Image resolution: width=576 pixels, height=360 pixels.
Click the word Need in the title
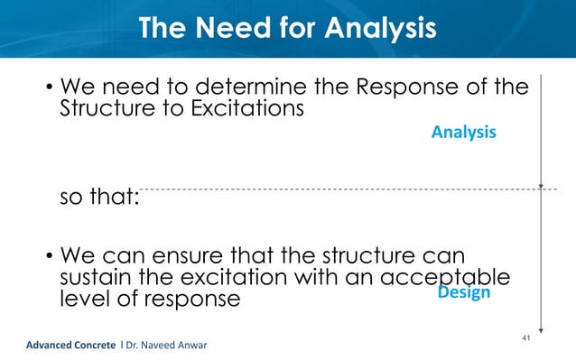[236, 29]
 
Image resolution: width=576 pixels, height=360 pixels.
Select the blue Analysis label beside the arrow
[463, 133]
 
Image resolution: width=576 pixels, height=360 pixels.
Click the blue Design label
[463, 292]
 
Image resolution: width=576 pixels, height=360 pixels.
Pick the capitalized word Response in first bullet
[410, 89]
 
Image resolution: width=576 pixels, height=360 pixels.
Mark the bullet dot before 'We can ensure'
[49, 254]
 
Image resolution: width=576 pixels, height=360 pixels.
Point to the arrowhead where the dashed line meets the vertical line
[540, 187]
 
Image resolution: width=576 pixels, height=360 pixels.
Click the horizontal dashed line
[343, 189]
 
